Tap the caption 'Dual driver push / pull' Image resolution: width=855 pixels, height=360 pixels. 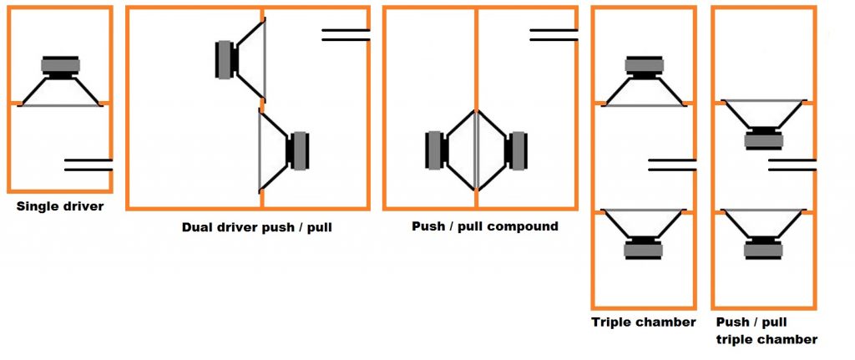[x=257, y=226]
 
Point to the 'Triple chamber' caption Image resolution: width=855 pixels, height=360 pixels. [x=644, y=322]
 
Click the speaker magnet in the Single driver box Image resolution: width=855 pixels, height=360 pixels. [x=61, y=66]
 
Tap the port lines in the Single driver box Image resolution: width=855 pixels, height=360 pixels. [x=88, y=164]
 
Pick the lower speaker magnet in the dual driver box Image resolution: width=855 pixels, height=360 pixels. [x=299, y=150]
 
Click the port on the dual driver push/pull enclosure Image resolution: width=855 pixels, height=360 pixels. [x=346, y=34]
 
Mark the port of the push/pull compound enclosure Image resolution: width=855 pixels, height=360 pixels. [x=553, y=34]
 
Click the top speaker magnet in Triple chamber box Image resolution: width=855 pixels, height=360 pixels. [x=644, y=66]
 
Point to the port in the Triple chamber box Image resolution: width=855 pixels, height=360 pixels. [x=671, y=164]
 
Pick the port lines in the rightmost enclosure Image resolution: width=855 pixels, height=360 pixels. [x=792, y=164]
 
